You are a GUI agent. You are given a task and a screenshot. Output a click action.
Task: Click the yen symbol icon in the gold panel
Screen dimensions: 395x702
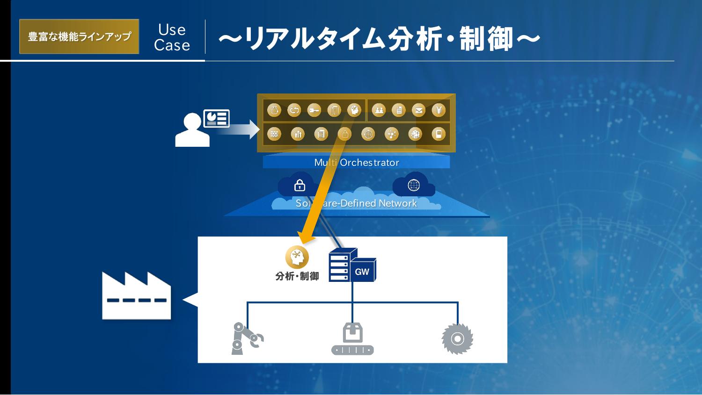point(439,110)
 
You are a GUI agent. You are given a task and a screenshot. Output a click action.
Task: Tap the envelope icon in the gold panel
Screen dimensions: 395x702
point(418,110)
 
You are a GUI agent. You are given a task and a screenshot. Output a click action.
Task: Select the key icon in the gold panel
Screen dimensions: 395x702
point(314,110)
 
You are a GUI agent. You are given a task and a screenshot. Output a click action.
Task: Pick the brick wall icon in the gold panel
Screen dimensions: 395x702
point(274,134)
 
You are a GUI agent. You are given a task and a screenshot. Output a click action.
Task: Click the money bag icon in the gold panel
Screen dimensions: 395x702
point(274,110)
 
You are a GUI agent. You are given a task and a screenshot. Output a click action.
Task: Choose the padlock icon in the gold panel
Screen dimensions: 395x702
point(344,134)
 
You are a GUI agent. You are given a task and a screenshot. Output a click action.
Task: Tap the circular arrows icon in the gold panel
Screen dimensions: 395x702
point(294,110)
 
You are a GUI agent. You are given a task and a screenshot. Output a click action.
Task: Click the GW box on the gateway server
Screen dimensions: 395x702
point(362,271)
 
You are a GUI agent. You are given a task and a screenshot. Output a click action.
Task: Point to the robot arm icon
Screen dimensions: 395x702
point(246,338)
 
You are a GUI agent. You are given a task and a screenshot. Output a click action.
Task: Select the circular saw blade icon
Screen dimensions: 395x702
point(457,338)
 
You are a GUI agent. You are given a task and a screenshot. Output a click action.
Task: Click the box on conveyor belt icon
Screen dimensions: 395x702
point(352,338)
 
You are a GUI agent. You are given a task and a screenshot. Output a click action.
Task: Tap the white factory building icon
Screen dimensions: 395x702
point(136,296)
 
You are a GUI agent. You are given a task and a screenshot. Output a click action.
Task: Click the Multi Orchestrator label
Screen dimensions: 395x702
point(357,163)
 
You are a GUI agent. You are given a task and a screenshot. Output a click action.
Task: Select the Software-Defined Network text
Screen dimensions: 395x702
point(356,203)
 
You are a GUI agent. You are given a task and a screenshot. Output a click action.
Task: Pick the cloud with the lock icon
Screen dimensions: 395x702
point(299,186)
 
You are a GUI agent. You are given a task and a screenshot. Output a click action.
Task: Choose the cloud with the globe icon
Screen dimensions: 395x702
point(414,185)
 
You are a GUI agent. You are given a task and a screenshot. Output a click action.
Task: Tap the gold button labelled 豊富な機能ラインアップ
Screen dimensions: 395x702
point(79,36)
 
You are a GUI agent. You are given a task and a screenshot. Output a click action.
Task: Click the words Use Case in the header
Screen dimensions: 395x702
point(172,37)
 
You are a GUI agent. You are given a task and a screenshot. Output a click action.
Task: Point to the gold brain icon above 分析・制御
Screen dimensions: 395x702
point(297,257)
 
